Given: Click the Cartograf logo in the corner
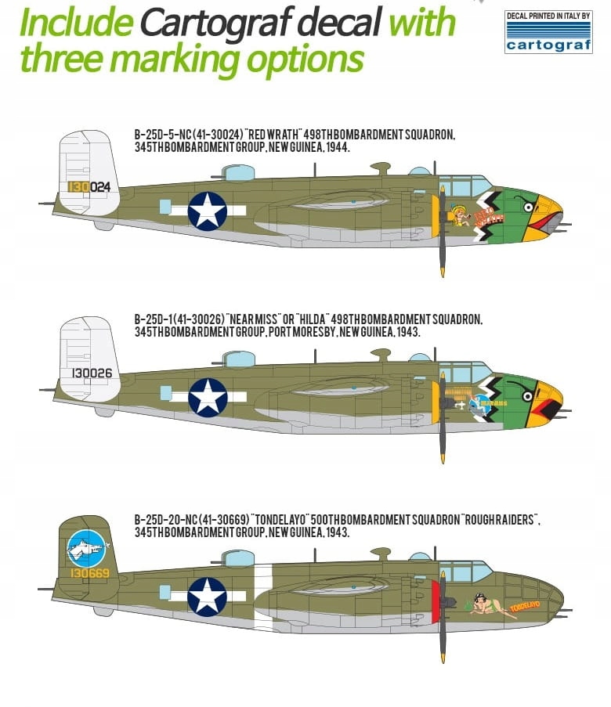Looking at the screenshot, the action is [x=548, y=32].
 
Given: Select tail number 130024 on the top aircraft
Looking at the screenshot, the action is [x=89, y=186].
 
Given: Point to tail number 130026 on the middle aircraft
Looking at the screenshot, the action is [x=92, y=373].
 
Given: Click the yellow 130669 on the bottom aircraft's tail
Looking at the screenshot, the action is [x=89, y=573].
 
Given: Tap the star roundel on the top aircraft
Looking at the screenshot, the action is [x=208, y=211].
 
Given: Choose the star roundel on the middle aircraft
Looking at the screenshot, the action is [x=208, y=397].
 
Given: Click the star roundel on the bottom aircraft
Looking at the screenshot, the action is [x=207, y=597].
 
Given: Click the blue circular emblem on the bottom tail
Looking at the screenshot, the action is [x=86, y=549].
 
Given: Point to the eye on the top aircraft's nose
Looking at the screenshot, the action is [x=528, y=207].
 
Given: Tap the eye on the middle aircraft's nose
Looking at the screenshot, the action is [x=527, y=396].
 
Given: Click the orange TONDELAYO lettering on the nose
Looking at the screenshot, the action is [x=525, y=606].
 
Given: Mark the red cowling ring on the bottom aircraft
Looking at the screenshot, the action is [x=435, y=602].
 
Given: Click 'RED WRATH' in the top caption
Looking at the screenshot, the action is [x=275, y=135].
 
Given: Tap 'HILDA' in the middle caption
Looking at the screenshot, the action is [x=310, y=319].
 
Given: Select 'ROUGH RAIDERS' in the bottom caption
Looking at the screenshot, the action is [x=500, y=519].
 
